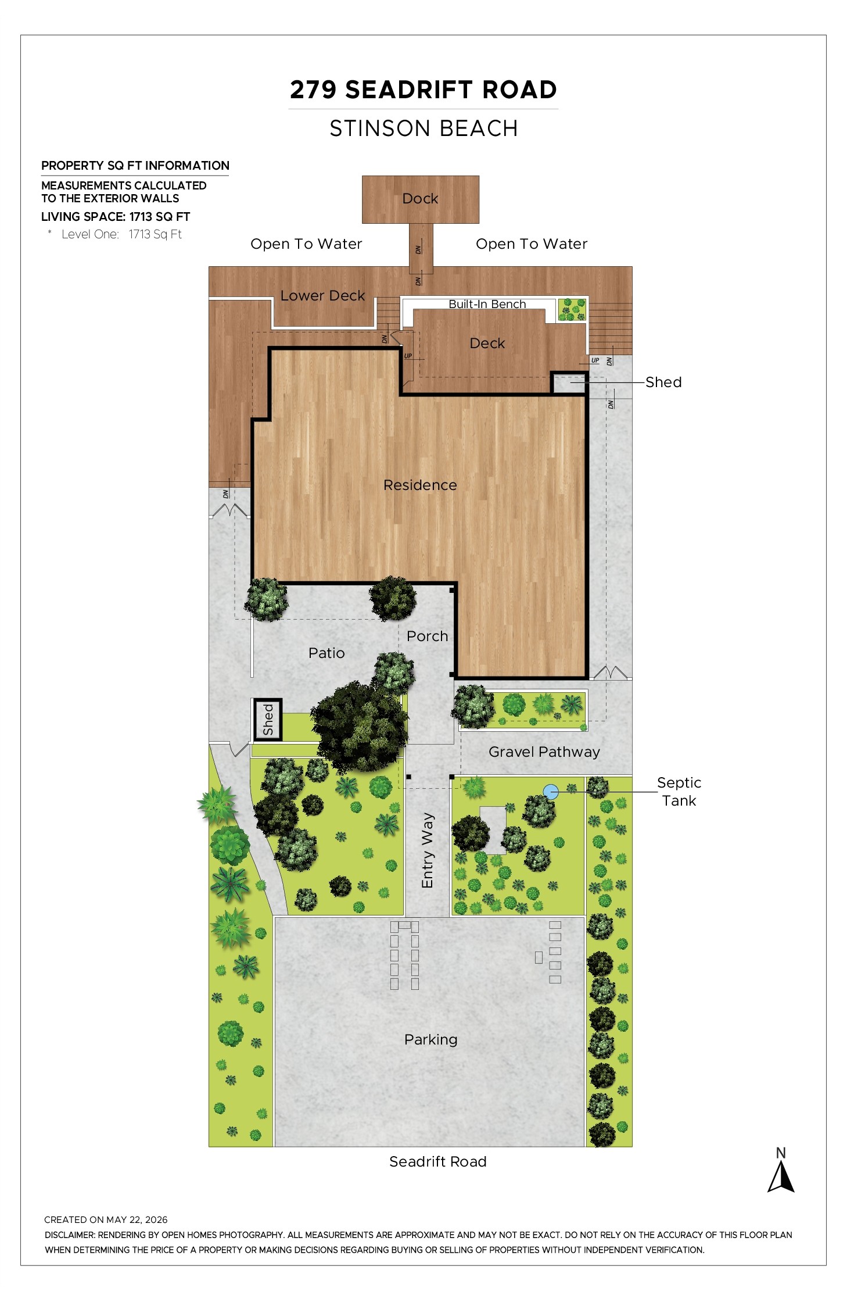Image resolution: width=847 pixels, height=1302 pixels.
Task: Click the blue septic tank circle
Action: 550,791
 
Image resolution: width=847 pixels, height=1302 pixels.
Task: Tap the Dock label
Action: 420,199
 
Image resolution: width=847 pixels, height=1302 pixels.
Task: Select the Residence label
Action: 420,485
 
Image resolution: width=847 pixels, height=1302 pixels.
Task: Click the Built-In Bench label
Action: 487,304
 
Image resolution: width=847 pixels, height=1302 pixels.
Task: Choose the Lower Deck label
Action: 322,295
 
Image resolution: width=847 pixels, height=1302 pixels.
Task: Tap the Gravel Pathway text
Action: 544,752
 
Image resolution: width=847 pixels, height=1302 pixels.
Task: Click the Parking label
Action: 430,1039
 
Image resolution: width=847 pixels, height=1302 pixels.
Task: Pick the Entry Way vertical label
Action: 428,850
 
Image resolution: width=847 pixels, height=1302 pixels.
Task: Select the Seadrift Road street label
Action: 437,1161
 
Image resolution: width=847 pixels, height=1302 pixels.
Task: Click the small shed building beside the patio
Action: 267,720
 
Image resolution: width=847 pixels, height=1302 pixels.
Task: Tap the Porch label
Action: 427,636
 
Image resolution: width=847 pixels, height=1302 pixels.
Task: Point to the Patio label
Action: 326,653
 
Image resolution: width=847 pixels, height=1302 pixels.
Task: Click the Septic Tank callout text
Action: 679,792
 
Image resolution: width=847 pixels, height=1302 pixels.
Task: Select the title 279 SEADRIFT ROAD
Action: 423,90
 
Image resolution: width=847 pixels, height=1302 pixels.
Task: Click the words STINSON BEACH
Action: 423,128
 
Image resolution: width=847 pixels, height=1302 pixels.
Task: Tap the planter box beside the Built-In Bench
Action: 572,309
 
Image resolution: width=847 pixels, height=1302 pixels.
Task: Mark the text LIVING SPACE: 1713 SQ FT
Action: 116,217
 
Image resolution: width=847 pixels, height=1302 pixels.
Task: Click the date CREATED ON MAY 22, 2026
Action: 106,1219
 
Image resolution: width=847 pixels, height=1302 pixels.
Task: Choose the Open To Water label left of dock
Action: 306,244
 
